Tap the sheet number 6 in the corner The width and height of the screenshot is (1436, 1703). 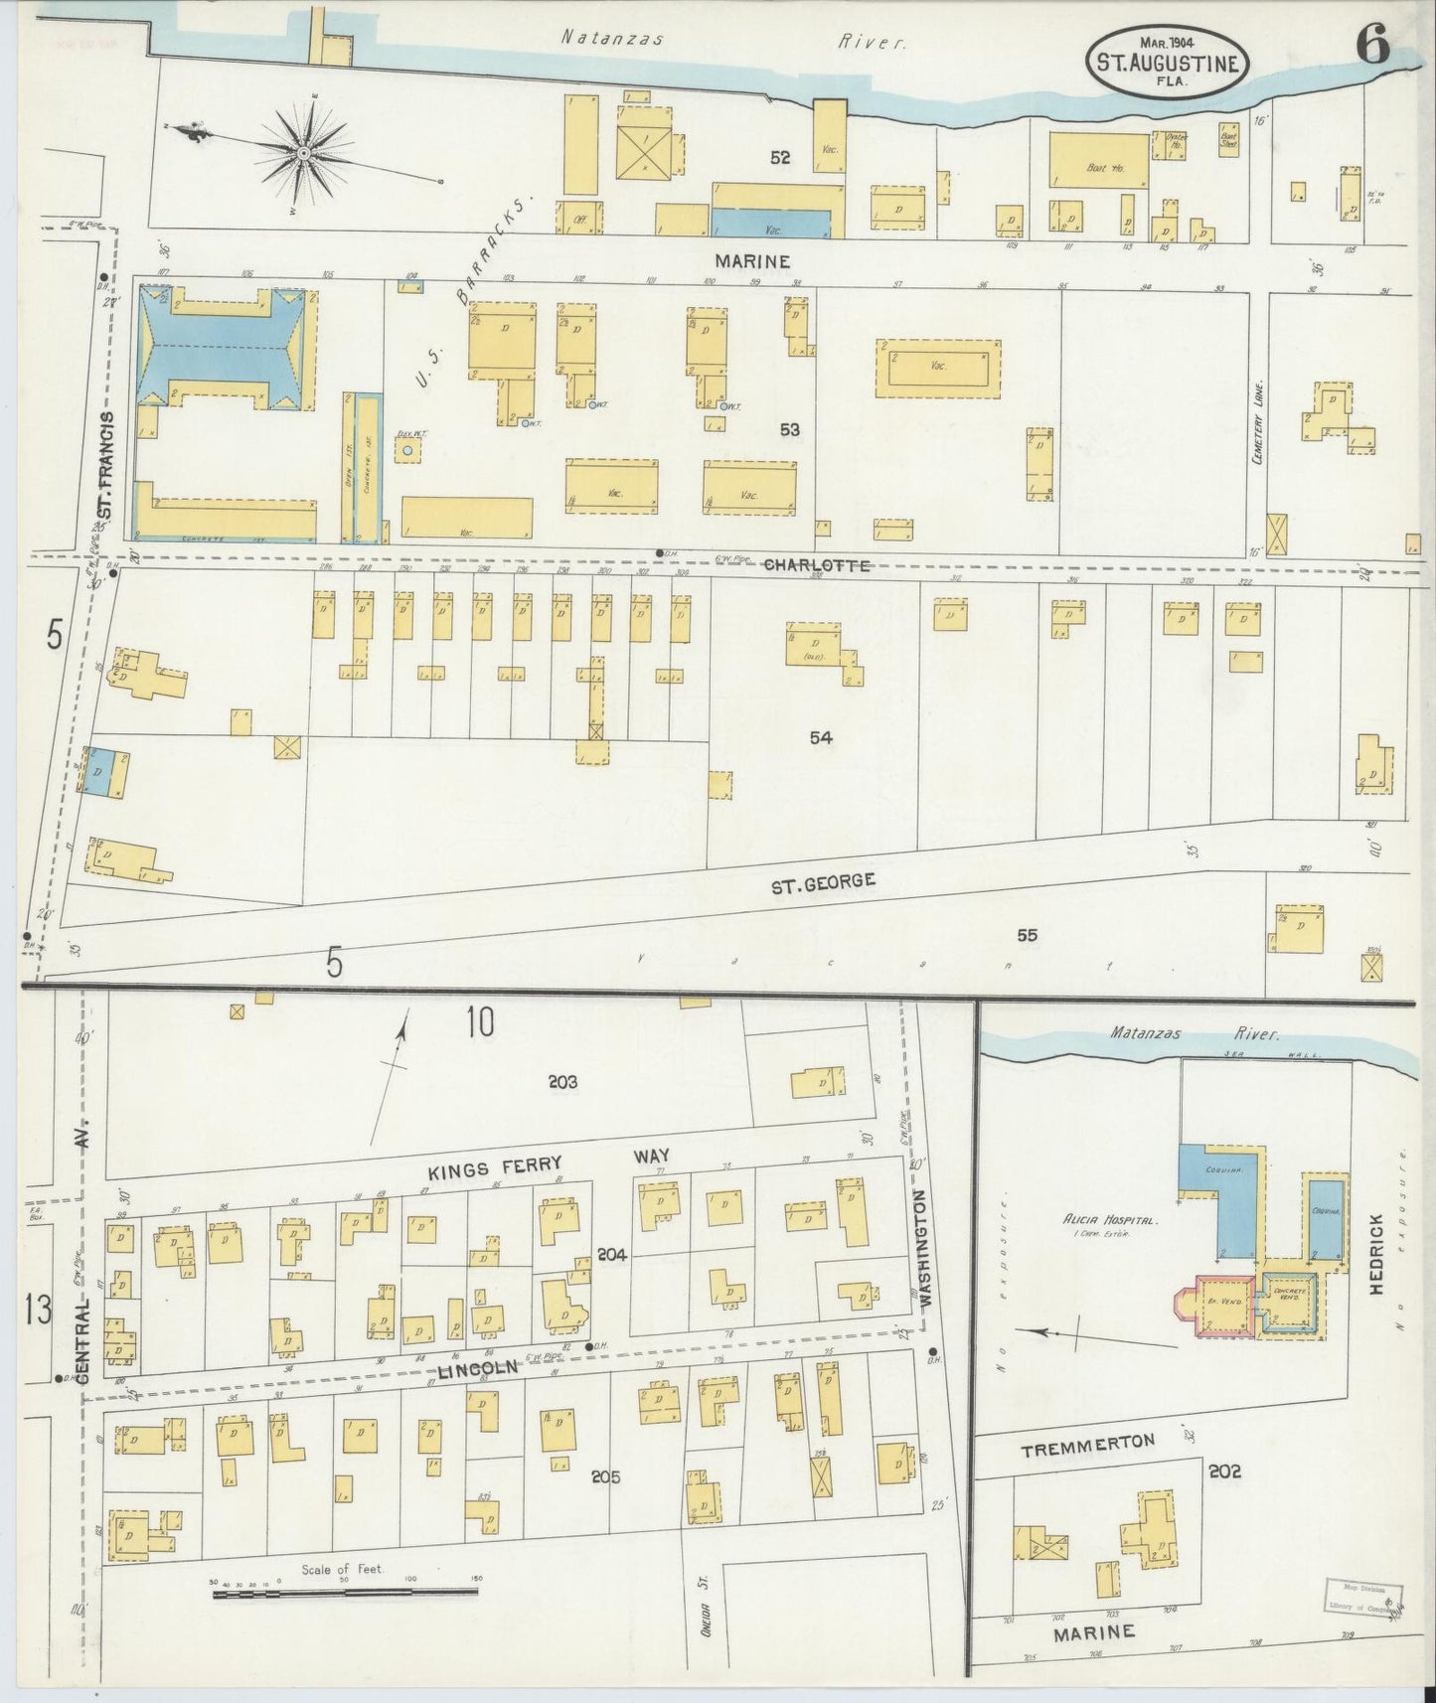(1372, 47)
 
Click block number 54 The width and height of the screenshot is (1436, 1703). (820, 737)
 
